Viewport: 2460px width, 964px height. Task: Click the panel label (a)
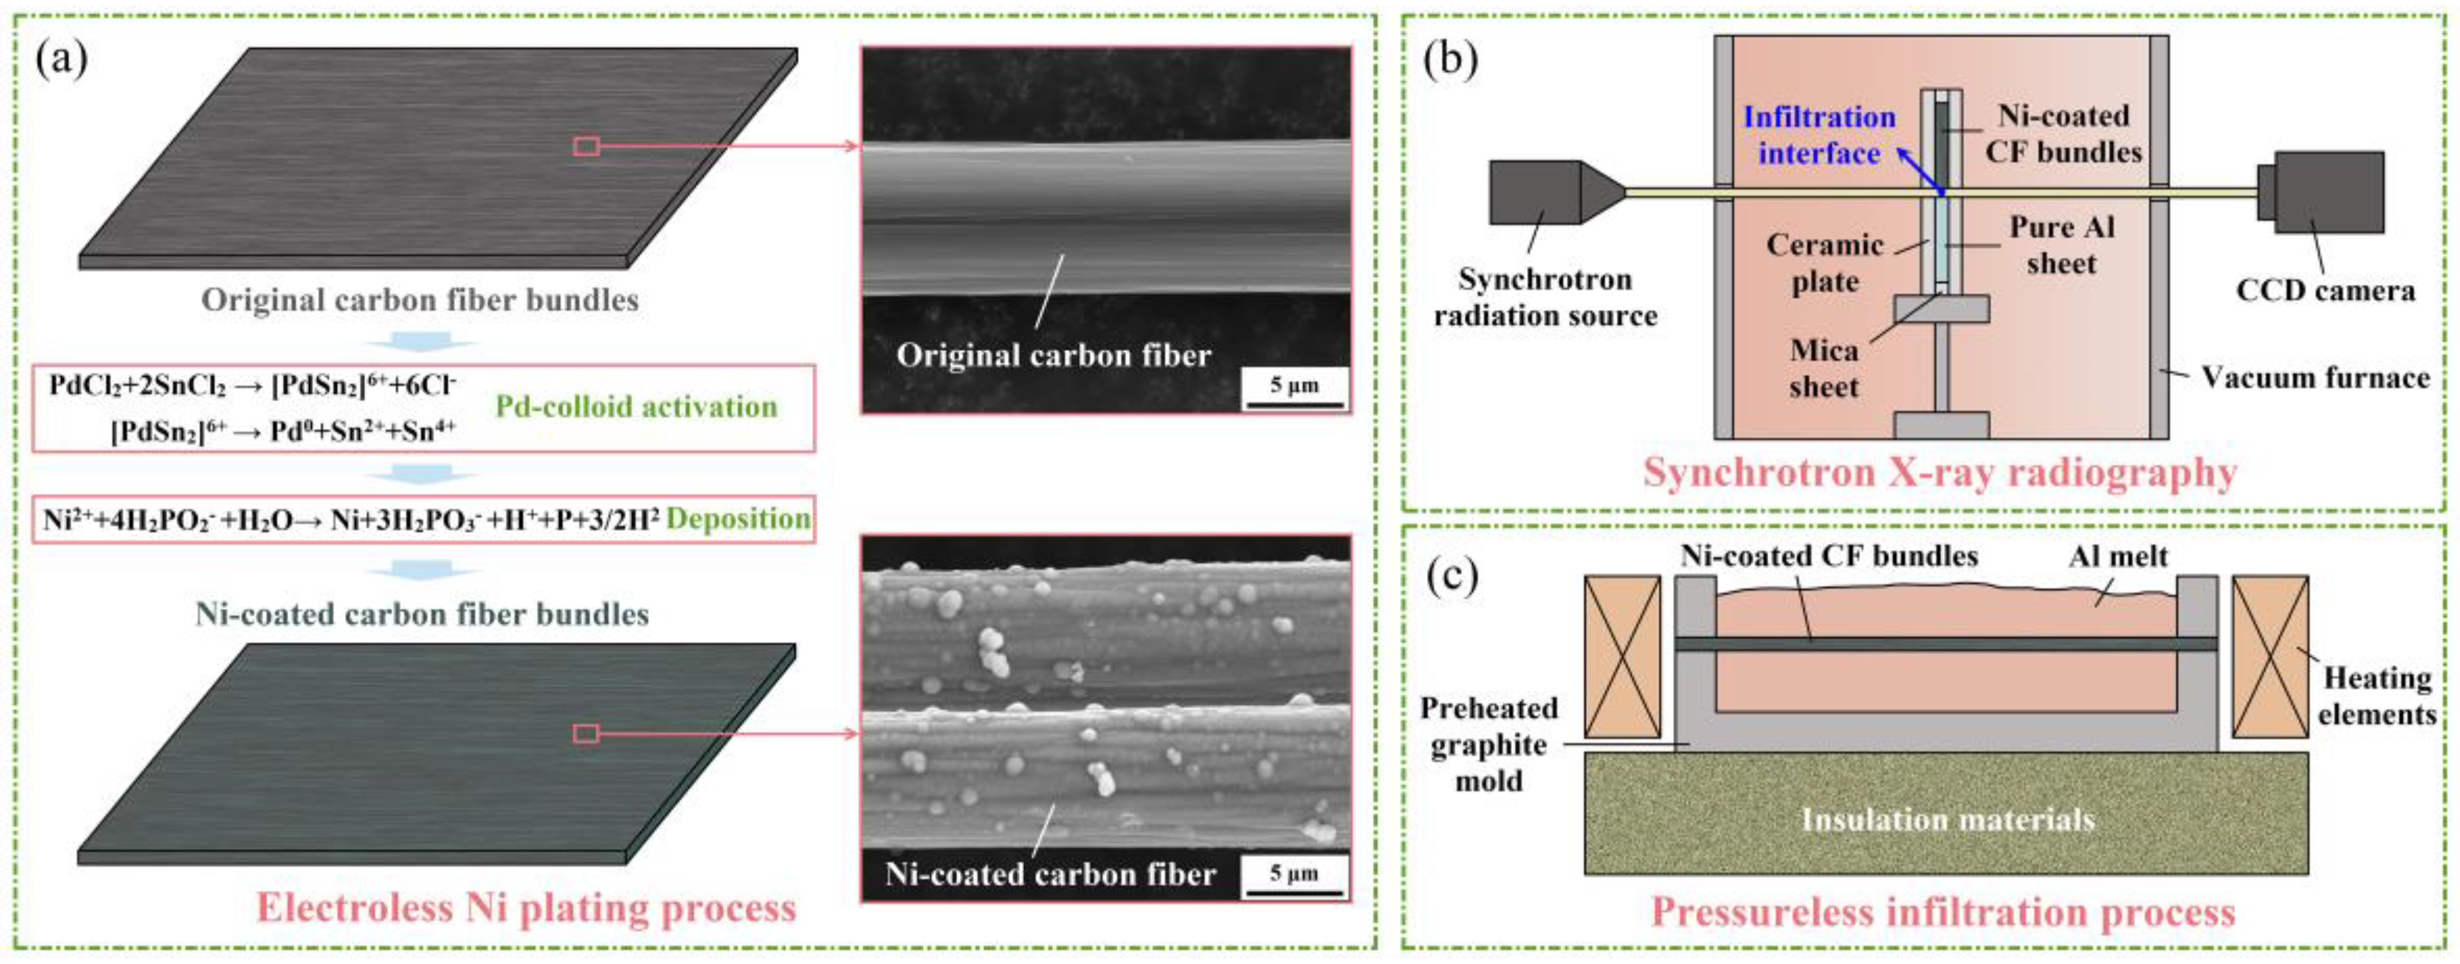(x=61, y=61)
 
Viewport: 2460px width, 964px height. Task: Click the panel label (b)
(x=1450, y=61)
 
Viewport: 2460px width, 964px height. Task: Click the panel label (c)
(x=1451, y=577)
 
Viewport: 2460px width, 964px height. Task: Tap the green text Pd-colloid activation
(x=636, y=407)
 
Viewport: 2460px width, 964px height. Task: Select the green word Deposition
(x=738, y=518)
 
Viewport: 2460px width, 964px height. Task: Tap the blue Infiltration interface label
(x=1819, y=135)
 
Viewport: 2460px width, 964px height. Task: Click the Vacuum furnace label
(x=2315, y=378)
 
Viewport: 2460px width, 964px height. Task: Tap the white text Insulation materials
(x=1947, y=819)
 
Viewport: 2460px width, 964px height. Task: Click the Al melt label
(x=2118, y=556)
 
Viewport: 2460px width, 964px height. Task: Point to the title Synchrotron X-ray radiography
(x=1938, y=473)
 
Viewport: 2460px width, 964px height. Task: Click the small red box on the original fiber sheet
(x=586, y=146)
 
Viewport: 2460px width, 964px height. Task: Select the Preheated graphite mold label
(x=1488, y=744)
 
